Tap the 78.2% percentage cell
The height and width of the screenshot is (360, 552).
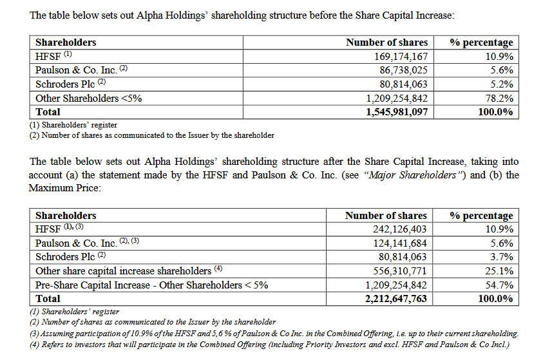(499, 99)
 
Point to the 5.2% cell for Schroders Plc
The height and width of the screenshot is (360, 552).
(501, 84)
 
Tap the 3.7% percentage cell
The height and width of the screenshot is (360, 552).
(501, 257)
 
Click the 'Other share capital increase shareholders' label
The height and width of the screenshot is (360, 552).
(123, 271)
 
